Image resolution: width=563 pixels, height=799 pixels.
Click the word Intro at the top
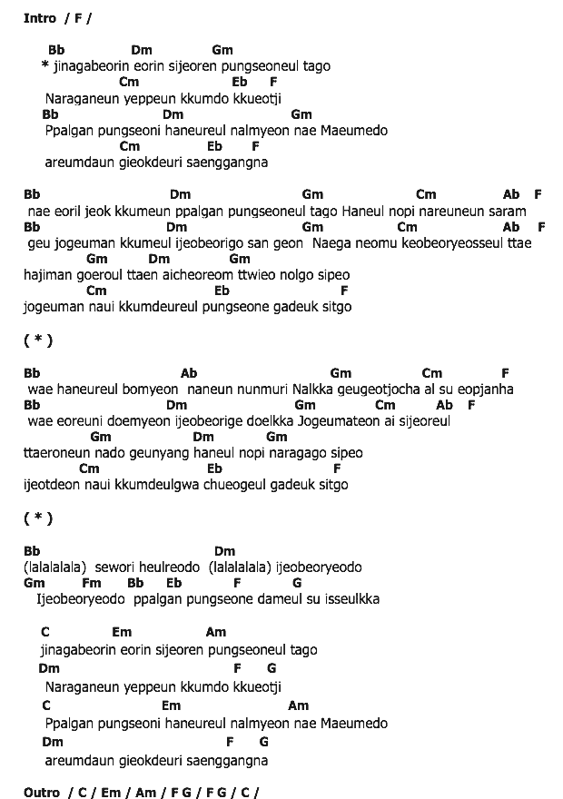point(41,18)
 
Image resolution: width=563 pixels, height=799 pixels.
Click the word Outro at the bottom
point(42,793)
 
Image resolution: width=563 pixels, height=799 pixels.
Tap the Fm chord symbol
point(91,583)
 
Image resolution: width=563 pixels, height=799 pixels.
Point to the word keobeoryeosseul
point(465,243)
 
